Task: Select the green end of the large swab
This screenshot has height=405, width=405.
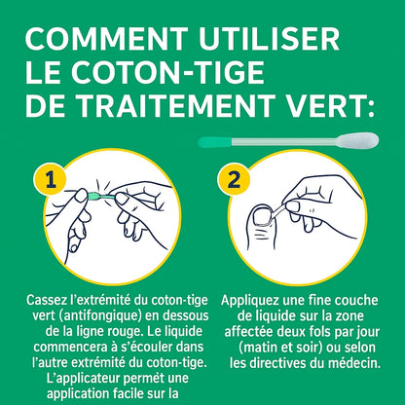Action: point(210,142)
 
